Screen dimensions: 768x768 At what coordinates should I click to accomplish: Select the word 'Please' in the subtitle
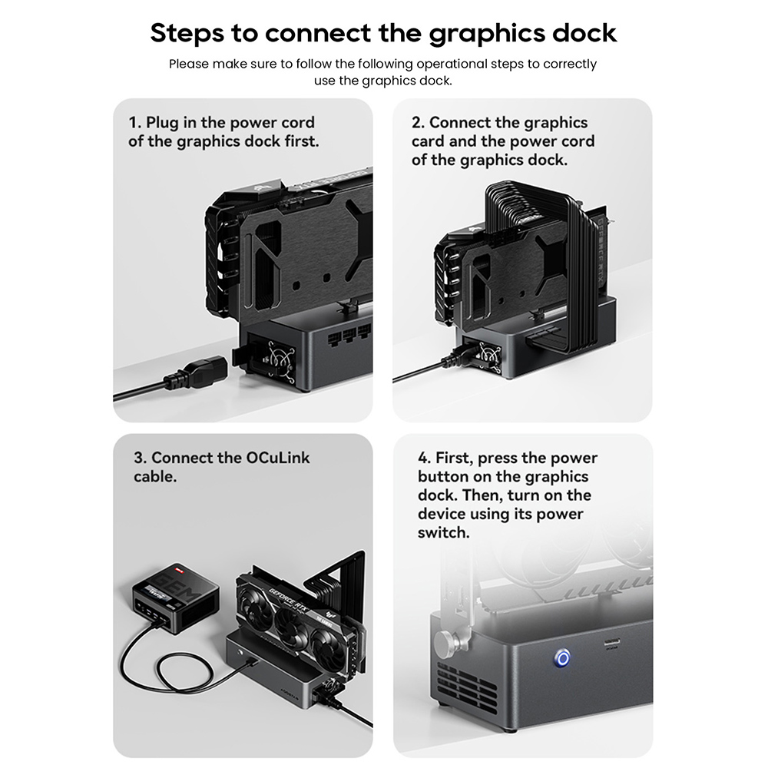point(189,64)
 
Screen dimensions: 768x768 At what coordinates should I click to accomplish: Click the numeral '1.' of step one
point(135,123)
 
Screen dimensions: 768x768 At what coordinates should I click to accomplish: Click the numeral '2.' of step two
point(418,123)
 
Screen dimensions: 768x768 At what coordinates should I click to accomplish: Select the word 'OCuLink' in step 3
point(278,458)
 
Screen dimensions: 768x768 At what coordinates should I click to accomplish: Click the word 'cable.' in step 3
point(154,477)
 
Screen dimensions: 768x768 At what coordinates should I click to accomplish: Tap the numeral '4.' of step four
point(425,458)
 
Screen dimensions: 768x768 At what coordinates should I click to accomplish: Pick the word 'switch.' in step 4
point(443,532)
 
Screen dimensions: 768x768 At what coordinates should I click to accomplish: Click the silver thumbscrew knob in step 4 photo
point(445,641)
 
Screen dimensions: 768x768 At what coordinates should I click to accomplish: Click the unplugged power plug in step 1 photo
point(192,376)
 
